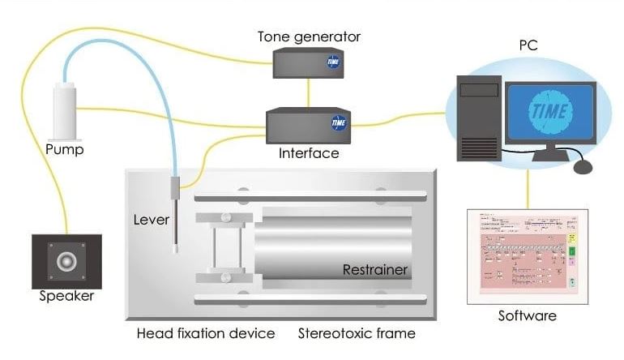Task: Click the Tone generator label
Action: pyautogui.click(x=309, y=37)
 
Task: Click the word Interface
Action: pyautogui.click(x=309, y=152)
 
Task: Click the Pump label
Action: pyautogui.click(x=65, y=150)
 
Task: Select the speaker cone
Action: pyautogui.click(x=66, y=261)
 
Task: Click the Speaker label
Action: pyautogui.click(x=66, y=296)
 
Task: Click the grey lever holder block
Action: pyautogui.click(x=174, y=192)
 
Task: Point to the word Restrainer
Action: pyautogui.click(x=374, y=269)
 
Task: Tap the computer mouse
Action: pyautogui.click(x=583, y=166)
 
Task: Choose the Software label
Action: pyautogui.click(x=528, y=315)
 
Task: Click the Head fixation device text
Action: pyautogui.click(x=206, y=333)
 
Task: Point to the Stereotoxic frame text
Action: pyautogui.click(x=357, y=333)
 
